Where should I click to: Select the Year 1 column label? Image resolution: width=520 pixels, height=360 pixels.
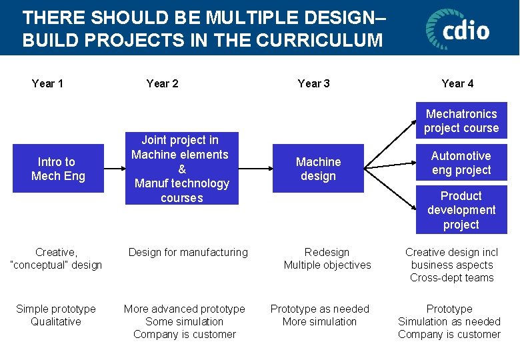(47, 83)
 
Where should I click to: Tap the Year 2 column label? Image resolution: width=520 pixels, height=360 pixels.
(162, 83)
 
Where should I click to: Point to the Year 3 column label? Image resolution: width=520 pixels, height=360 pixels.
(313, 83)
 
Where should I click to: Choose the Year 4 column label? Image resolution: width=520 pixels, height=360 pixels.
(457, 83)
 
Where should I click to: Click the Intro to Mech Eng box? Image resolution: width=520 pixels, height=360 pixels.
(58, 169)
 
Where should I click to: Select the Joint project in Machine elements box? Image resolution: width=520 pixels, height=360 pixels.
(181, 169)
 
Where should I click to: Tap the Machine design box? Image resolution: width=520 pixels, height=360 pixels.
(318, 169)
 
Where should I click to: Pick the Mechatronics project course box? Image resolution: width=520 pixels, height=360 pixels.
(461, 121)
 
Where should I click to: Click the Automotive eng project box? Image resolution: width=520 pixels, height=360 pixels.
(461, 163)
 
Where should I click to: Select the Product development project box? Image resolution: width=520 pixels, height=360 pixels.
(461, 210)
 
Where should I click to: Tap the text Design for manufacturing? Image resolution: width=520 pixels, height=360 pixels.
(188, 252)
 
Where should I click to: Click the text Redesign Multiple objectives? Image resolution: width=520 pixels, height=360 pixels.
(327, 259)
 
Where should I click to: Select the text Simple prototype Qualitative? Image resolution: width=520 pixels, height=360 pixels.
(56, 315)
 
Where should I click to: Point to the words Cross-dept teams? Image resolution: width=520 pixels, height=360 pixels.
(452, 277)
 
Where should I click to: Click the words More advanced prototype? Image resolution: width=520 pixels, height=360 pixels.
(185, 309)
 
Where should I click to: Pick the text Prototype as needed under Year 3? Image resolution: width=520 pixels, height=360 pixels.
(319, 309)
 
